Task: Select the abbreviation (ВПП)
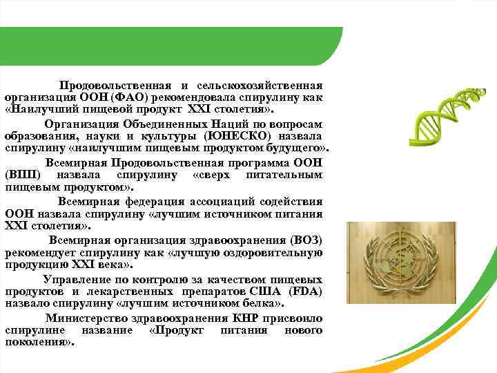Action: pyautogui.click(x=21, y=175)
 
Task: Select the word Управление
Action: pyautogui.click(x=75, y=279)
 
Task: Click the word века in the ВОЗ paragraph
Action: pyautogui.click(x=108, y=265)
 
